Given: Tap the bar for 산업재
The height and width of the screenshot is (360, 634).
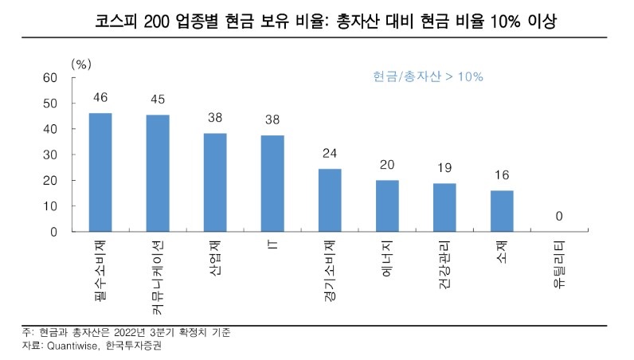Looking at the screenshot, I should click(215, 182).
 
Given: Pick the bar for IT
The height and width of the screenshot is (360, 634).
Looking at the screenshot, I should click(272, 183).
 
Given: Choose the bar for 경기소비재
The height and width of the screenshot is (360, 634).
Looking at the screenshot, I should click(330, 200).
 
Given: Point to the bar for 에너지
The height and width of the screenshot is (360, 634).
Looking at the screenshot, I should click(387, 205).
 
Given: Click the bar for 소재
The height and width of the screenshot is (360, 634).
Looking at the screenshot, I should click(502, 211).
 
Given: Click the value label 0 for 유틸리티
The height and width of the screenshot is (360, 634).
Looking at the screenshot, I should click(559, 217).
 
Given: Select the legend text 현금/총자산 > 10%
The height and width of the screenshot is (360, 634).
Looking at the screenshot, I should click(428, 76).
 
